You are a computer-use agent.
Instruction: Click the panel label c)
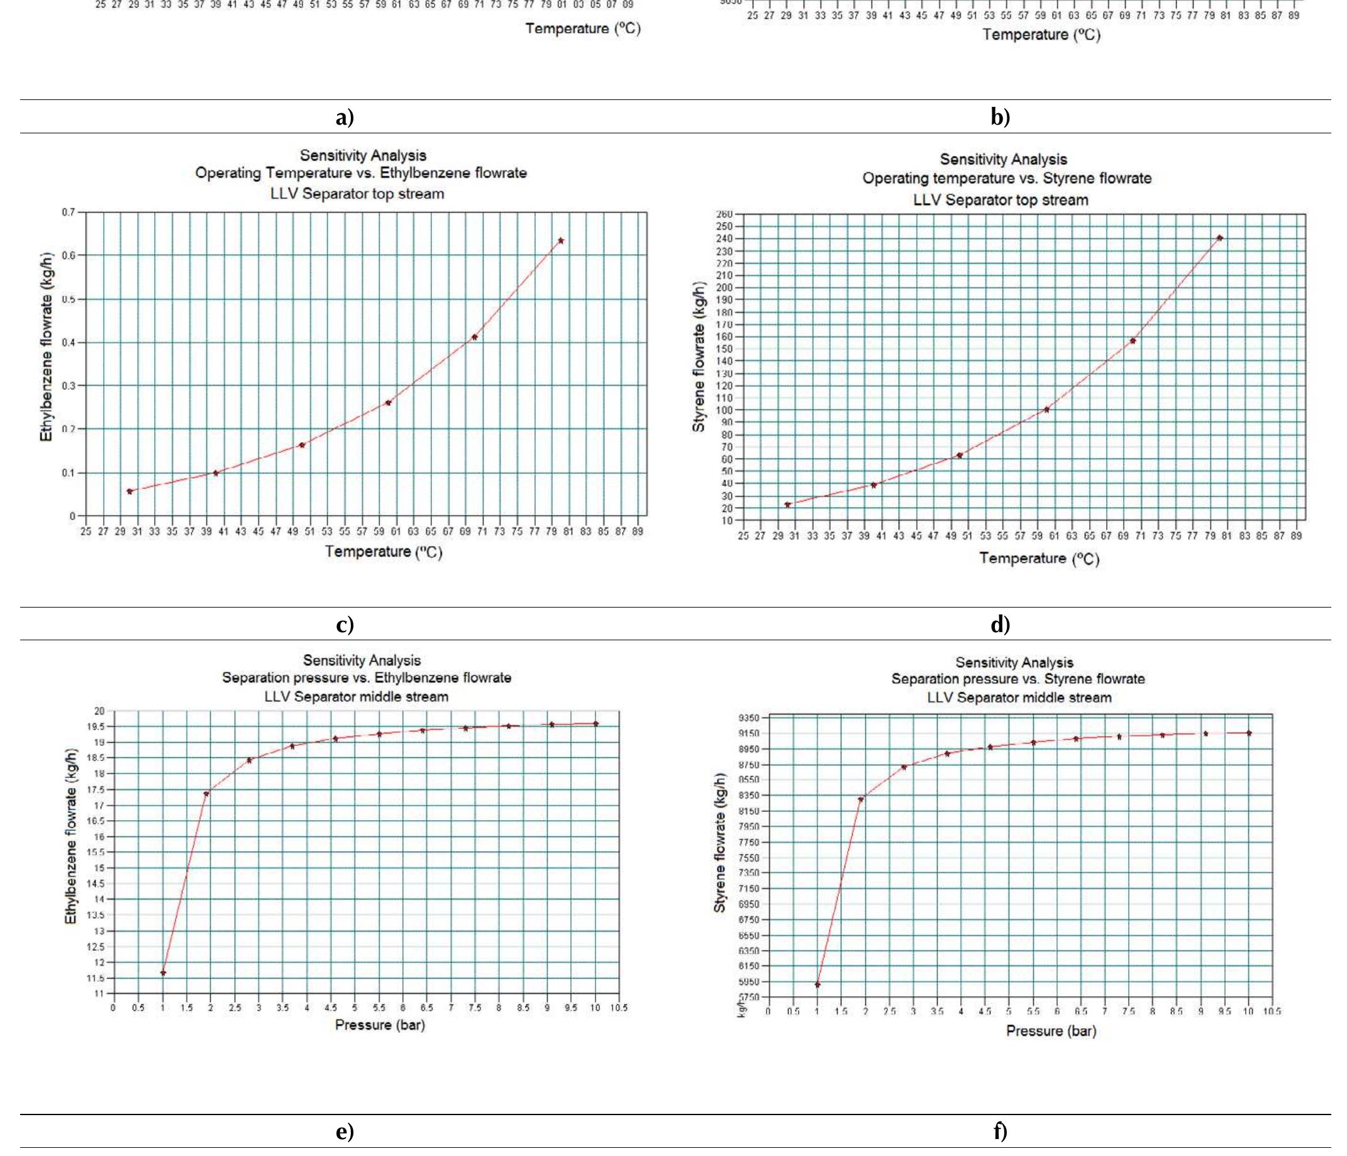(x=345, y=624)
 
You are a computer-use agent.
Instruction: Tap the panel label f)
(x=1001, y=1132)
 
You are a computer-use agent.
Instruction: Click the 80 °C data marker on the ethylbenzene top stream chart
(x=561, y=240)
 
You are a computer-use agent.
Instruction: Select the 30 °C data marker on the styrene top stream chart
(x=787, y=504)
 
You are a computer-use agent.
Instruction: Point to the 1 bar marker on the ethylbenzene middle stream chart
(x=163, y=972)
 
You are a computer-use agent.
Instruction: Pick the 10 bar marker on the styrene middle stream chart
(x=1249, y=733)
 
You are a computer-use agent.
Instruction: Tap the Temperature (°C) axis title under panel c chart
(x=384, y=552)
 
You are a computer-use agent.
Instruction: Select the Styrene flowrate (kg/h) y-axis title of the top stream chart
(x=699, y=357)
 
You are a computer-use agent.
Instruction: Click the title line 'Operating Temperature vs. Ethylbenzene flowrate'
(x=361, y=174)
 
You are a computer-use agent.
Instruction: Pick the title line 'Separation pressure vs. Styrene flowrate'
(x=1017, y=679)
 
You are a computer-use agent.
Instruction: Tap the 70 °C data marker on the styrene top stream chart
(x=1133, y=341)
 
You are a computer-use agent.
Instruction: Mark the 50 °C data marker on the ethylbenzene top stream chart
(x=302, y=445)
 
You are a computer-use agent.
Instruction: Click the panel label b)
(x=1001, y=117)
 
